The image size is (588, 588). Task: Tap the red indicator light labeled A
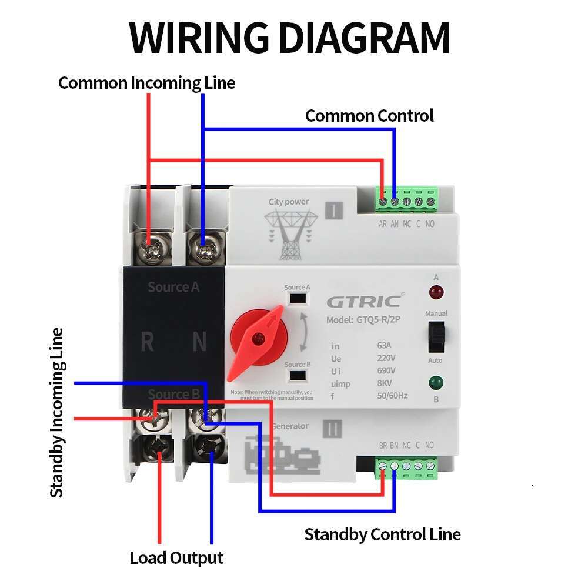point(436,292)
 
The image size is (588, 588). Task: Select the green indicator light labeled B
point(436,383)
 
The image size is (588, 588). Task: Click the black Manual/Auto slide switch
point(436,336)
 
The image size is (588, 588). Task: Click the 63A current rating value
point(385,345)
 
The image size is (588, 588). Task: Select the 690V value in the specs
point(386,370)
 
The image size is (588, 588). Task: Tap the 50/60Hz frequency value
point(392,396)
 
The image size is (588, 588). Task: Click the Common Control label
point(369,116)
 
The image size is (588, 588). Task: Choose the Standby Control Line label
point(382,534)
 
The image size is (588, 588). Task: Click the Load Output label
point(176,557)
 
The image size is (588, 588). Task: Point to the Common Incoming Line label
point(146,83)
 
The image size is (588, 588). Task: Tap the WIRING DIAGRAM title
point(290,38)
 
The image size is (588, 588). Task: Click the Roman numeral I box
point(333,211)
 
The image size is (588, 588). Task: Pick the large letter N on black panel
point(199,341)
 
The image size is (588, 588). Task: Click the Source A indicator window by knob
point(298,298)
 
